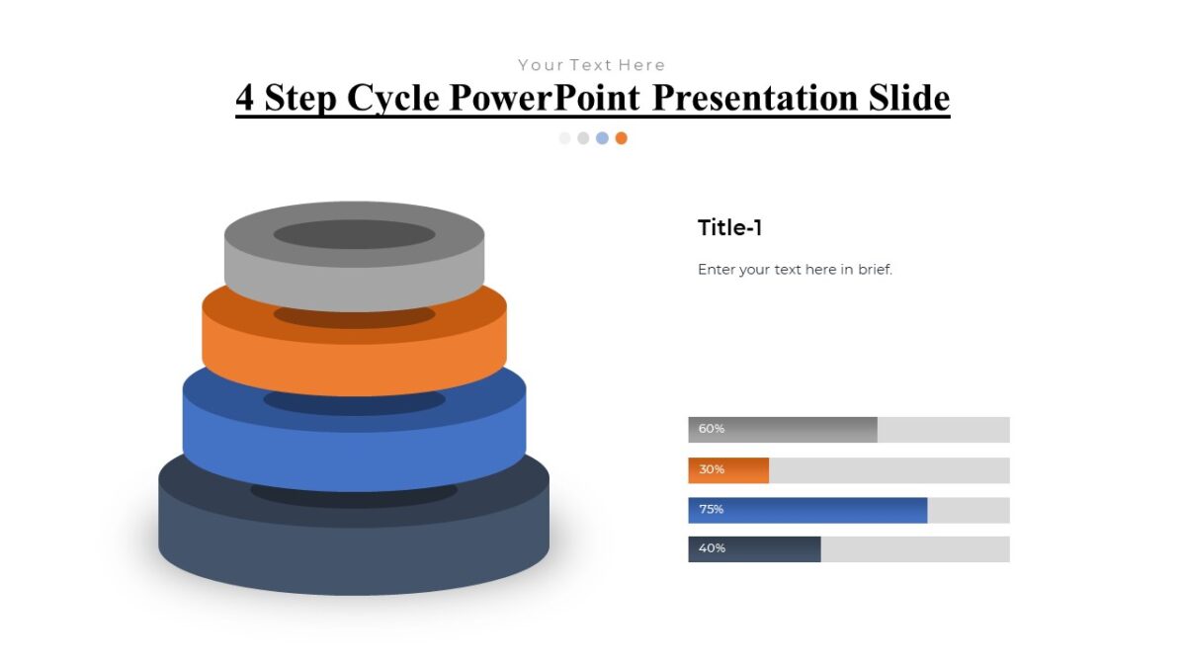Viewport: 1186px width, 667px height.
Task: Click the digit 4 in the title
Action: coord(245,98)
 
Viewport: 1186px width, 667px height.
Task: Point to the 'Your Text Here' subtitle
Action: coord(592,65)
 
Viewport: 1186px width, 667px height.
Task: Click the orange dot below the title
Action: coord(621,138)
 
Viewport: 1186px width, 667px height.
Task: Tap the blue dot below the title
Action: coord(602,138)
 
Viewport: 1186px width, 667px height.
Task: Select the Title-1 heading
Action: coord(729,228)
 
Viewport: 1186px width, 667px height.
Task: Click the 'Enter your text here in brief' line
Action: coord(795,269)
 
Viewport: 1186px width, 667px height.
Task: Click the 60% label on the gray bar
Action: coord(712,429)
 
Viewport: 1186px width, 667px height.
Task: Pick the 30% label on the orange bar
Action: coord(712,469)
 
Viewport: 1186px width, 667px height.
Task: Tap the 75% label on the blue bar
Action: coord(712,510)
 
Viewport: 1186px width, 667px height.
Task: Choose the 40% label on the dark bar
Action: coord(712,548)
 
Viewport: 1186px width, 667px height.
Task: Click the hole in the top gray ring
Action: coord(354,234)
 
